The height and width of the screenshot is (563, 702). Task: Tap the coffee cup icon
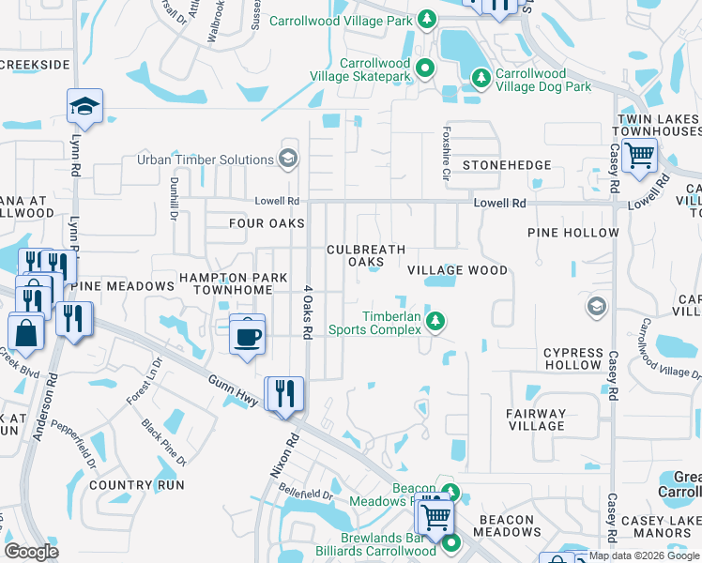(x=247, y=335)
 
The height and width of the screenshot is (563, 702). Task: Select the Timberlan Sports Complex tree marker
(x=435, y=322)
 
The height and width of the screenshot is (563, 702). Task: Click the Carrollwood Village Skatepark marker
(x=425, y=68)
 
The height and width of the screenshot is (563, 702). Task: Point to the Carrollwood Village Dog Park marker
(x=481, y=77)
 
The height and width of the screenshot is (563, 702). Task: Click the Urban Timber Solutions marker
(x=288, y=160)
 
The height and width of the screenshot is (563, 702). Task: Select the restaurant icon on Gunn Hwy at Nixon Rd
(x=282, y=393)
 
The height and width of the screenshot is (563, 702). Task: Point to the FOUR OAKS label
(x=267, y=223)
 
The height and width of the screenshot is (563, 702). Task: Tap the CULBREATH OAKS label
(x=366, y=256)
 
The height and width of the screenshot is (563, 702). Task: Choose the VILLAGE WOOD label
(x=457, y=270)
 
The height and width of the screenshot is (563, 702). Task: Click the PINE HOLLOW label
(x=573, y=232)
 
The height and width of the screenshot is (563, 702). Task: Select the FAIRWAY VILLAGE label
(x=536, y=419)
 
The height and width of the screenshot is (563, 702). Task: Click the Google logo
(x=32, y=552)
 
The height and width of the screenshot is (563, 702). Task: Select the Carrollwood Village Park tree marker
(x=426, y=20)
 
